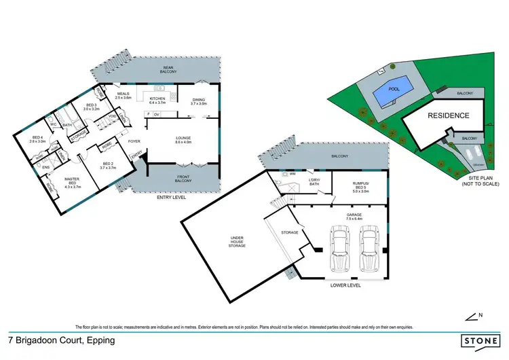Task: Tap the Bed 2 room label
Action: [107, 165]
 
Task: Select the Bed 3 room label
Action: [91, 107]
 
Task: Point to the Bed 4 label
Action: [37, 139]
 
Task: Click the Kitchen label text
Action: [157, 100]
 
